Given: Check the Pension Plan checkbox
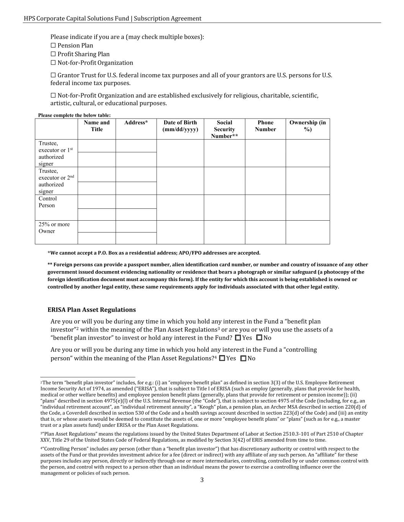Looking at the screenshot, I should pyautogui.click(x=53, y=46).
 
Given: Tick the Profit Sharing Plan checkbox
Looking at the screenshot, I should pyautogui.click(x=53, y=54).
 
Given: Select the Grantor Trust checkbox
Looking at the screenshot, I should pyautogui.click(x=53, y=75).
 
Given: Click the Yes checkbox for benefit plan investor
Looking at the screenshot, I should pyautogui.click(x=238, y=338).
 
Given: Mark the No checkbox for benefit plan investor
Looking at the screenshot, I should pyautogui.click(x=259, y=338).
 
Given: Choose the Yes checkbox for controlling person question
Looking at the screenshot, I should pyautogui.click(x=222, y=358).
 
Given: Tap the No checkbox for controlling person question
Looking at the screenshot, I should pyautogui.click(x=243, y=358).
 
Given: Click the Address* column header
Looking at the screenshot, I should pyautogui.click(x=136, y=123).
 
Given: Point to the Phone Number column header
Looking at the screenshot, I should pyautogui.click(x=265, y=126).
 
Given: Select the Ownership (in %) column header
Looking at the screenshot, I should pyautogui.click(x=307, y=126).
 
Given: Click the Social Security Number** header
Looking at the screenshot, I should pyautogui.click(x=224, y=129).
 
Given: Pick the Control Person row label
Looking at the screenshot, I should pyautogui.click(x=47, y=202).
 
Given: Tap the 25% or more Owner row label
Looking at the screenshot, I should pyautogui.click(x=54, y=228).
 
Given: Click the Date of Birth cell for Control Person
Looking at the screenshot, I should pyautogui.click(x=180, y=208).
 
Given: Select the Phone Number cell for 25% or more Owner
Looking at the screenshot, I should pyautogui.click(x=265, y=232).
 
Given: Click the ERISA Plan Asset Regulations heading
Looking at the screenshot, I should pyautogui.click(x=92, y=310).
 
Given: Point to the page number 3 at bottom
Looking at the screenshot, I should pyautogui.click(x=202, y=480).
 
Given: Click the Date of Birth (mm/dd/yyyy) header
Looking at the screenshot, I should pyautogui.click(x=180, y=126).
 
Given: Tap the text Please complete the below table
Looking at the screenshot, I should pyautogui.click(x=74, y=115).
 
